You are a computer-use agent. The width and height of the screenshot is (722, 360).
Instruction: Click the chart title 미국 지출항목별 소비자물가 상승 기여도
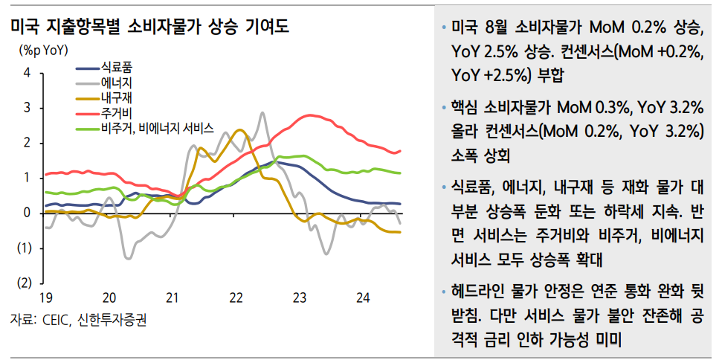point(149,27)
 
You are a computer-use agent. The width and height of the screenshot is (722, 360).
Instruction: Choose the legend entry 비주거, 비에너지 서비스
point(158,128)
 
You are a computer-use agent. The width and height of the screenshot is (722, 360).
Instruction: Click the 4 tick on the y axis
point(28,73)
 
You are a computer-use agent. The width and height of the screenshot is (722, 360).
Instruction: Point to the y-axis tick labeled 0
point(28,213)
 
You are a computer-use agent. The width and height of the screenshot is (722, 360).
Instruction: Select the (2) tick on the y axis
point(25,283)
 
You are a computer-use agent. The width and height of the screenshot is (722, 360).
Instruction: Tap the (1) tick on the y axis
point(25,248)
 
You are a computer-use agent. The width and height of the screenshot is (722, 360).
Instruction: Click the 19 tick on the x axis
point(45,298)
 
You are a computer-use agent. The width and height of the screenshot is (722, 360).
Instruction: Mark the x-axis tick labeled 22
point(236,298)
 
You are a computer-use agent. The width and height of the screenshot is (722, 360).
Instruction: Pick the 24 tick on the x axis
point(364,298)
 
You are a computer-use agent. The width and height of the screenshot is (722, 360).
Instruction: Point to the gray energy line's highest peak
point(262,113)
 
